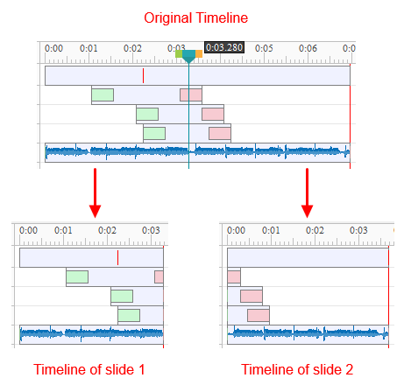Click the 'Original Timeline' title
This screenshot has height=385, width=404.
tap(195, 18)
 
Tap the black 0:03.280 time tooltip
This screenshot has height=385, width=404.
tap(224, 47)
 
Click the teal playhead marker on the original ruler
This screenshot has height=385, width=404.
tap(188, 56)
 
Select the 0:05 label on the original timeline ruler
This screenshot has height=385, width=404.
tap(264, 48)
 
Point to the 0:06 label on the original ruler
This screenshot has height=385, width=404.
tap(308, 48)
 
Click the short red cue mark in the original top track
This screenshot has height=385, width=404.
tap(143, 75)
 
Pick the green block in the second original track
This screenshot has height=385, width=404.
tap(103, 94)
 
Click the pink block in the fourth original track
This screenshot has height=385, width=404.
tap(220, 134)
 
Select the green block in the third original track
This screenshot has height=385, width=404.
tap(147, 114)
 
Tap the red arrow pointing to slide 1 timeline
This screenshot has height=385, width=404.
tap(95, 192)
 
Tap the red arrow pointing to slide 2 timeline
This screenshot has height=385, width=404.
tap(307, 192)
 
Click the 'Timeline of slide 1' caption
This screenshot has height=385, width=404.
tap(89, 369)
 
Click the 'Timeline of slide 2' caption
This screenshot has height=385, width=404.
tap(297, 369)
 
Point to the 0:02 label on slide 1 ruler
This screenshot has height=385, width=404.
tap(107, 230)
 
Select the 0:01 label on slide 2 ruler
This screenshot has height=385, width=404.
tap(271, 230)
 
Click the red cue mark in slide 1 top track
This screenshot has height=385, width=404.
tap(117, 257)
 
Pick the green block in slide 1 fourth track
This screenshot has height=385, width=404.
tap(129, 315)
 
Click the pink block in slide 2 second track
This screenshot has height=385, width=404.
tap(234, 276)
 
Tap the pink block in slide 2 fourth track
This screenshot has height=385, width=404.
tap(259, 315)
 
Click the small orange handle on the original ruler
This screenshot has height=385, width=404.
tap(199, 54)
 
